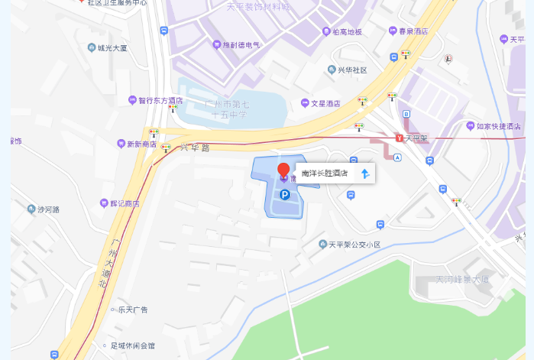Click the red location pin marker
click(x=283, y=170)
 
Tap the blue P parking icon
click(x=284, y=195)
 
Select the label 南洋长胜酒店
click(x=325, y=174)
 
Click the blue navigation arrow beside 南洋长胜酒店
click(x=365, y=174)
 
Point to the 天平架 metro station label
click(x=416, y=138)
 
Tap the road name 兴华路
click(x=195, y=148)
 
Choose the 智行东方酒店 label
click(x=160, y=100)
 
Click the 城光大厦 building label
click(x=112, y=47)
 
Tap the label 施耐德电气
click(x=241, y=45)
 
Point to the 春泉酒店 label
click(x=413, y=31)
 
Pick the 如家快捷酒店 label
click(x=498, y=126)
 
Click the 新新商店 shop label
click(x=141, y=144)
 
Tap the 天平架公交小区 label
click(x=354, y=245)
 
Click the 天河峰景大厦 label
click(x=462, y=279)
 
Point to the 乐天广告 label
click(x=132, y=310)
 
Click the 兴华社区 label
click(x=352, y=70)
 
